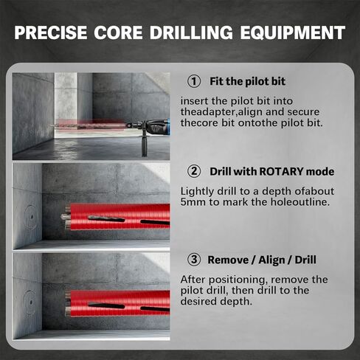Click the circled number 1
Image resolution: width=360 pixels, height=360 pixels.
point(195,81)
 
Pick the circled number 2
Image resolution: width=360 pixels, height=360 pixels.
point(195,171)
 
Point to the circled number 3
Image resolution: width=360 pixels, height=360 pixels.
point(195,260)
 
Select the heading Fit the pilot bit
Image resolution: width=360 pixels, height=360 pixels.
point(247,81)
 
